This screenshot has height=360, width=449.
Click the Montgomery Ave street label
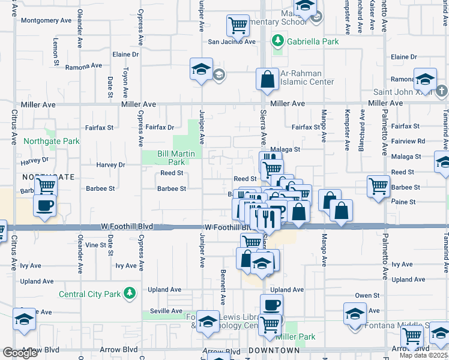pyautogui.click(x=46, y=20)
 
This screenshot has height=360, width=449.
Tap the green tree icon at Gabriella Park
pyautogui.click(x=277, y=41)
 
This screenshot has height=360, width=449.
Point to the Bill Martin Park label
pyautogui.click(x=176, y=158)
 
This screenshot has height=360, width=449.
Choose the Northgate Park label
pyautogui.click(x=52, y=142)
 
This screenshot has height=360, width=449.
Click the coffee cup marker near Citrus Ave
pyautogui.click(x=45, y=206)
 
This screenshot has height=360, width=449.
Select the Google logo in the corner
pyautogui.click(x=19, y=353)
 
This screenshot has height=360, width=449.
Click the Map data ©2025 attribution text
pyautogui.click(x=424, y=355)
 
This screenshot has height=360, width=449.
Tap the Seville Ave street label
pyautogui.click(x=166, y=311)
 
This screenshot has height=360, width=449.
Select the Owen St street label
pyautogui.click(x=367, y=295)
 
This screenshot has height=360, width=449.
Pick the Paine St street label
pyautogui.click(x=403, y=202)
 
